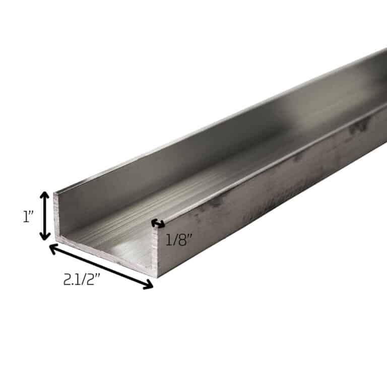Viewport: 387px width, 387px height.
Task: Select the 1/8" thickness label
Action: (179, 240)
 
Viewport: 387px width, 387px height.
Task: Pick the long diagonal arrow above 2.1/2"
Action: (101, 267)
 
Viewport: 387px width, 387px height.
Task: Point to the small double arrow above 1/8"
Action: (158, 223)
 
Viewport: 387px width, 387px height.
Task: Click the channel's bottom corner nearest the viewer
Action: (157, 277)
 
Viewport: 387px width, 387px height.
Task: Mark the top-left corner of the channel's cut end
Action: (54, 193)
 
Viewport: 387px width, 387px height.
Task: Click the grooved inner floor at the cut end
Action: (111, 242)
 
